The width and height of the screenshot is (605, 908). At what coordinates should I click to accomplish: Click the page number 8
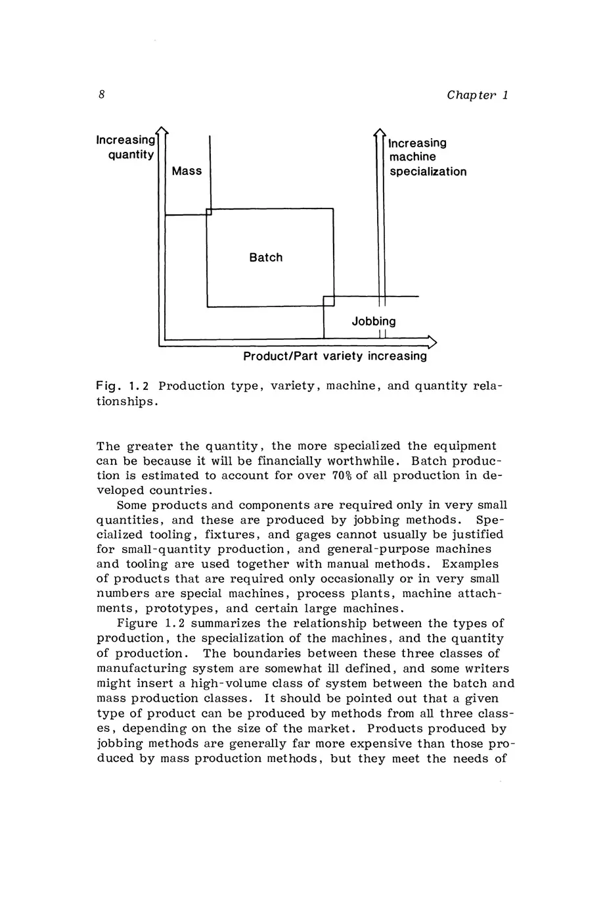click(x=102, y=95)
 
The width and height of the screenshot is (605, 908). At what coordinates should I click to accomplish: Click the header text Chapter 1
click(x=478, y=95)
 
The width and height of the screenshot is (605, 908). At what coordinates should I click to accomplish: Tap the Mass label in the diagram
click(x=187, y=171)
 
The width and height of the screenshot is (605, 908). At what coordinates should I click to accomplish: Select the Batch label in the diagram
click(x=265, y=257)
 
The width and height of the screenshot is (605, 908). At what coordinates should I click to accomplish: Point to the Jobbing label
click(x=373, y=322)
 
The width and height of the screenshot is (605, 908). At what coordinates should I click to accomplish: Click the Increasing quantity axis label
click(x=126, y=147)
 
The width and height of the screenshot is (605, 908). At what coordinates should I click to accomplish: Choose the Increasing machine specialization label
click(x=427, y=157)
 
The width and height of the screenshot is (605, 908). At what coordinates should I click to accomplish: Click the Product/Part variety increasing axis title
click(x=334, y=356)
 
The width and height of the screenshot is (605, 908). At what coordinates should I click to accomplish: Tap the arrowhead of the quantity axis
click(x=162, y=130)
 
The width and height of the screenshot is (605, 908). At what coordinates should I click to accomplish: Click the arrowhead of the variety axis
click(x=432, y=341)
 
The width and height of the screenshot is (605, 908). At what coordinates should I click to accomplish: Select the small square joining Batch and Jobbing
click(x=329, y=301)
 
